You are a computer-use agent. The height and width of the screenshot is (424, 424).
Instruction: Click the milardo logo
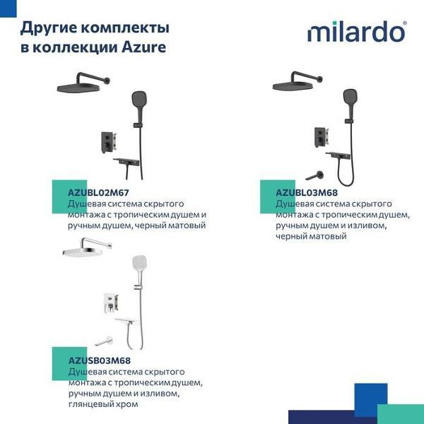click(357, 32)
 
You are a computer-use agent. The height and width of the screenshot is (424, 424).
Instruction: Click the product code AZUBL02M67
click(98, 193)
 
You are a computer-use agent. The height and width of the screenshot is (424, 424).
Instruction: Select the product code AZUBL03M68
click(307, 193)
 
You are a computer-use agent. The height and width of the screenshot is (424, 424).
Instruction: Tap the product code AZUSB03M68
click(100, 360)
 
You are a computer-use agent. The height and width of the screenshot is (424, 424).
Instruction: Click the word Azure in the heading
click(143, 47)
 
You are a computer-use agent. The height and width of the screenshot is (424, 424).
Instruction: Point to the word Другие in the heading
click(48, 28)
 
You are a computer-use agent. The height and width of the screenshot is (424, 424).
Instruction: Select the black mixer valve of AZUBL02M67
click(109, 143)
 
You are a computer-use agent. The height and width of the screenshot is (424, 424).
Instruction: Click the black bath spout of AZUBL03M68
click(314, 176)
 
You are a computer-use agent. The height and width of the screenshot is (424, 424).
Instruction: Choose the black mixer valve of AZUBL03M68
click(322, 137)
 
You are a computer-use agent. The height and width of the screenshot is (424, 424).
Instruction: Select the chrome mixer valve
click(111, 303)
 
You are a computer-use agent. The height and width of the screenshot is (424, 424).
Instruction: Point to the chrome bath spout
click(104, 341)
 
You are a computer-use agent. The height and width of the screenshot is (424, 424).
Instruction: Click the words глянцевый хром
click(103, 404)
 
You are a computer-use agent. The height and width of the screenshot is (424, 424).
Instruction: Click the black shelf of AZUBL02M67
click(126, 162)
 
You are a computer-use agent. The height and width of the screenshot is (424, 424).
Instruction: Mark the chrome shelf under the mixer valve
click(127, 322)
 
